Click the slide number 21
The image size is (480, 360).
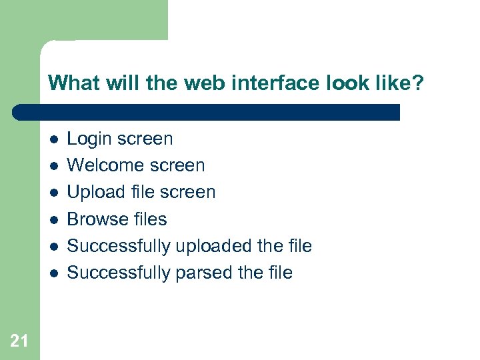(x=19, y=341)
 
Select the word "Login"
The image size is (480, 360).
(x=90, y=139)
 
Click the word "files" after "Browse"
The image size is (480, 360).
(x=151, y=219)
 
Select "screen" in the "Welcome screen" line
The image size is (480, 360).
(x=176, y=165)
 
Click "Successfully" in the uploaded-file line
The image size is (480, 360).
(x=119, y=246)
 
